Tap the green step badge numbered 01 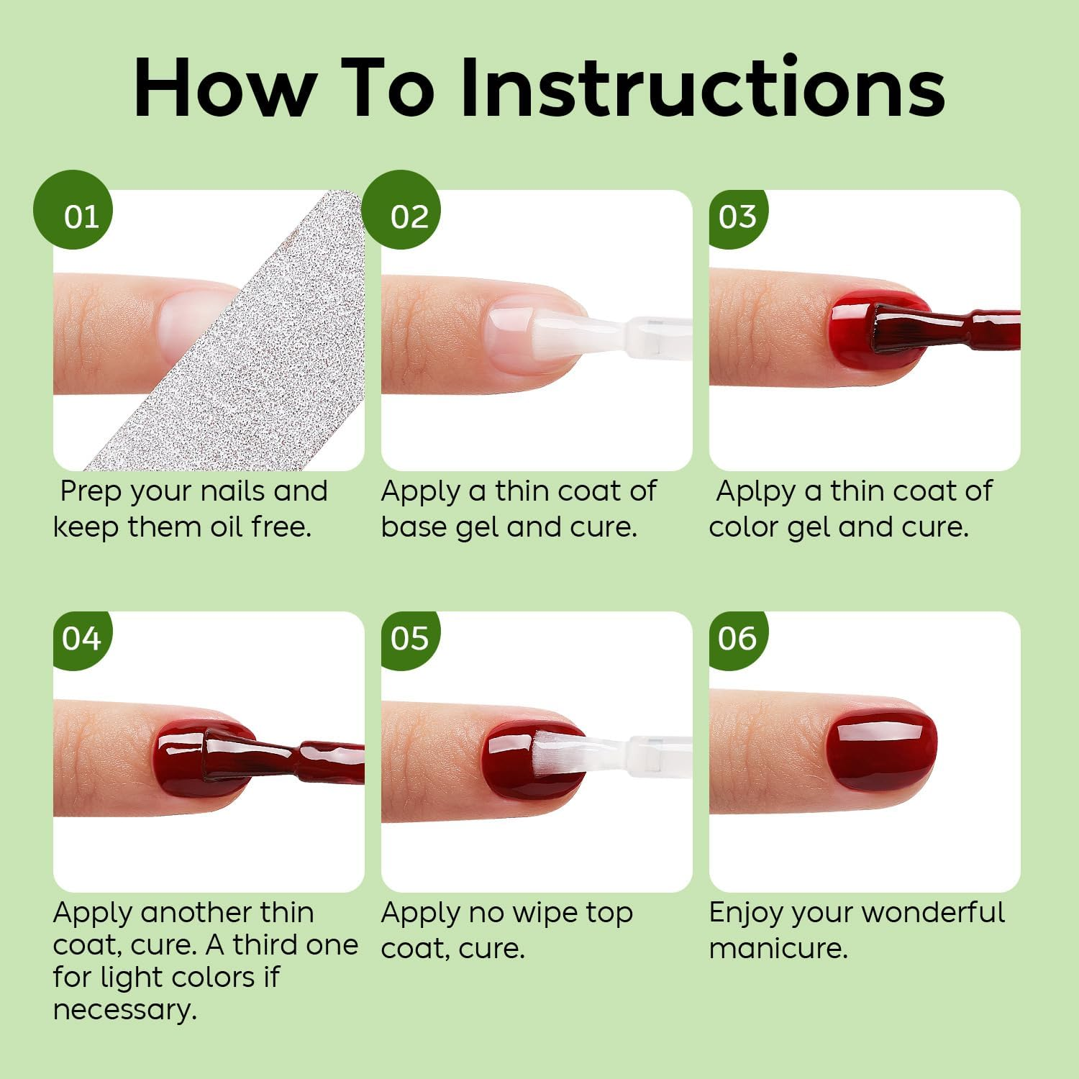(73, 210)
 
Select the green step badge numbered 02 (401, 210)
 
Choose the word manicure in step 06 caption (778, 948)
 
